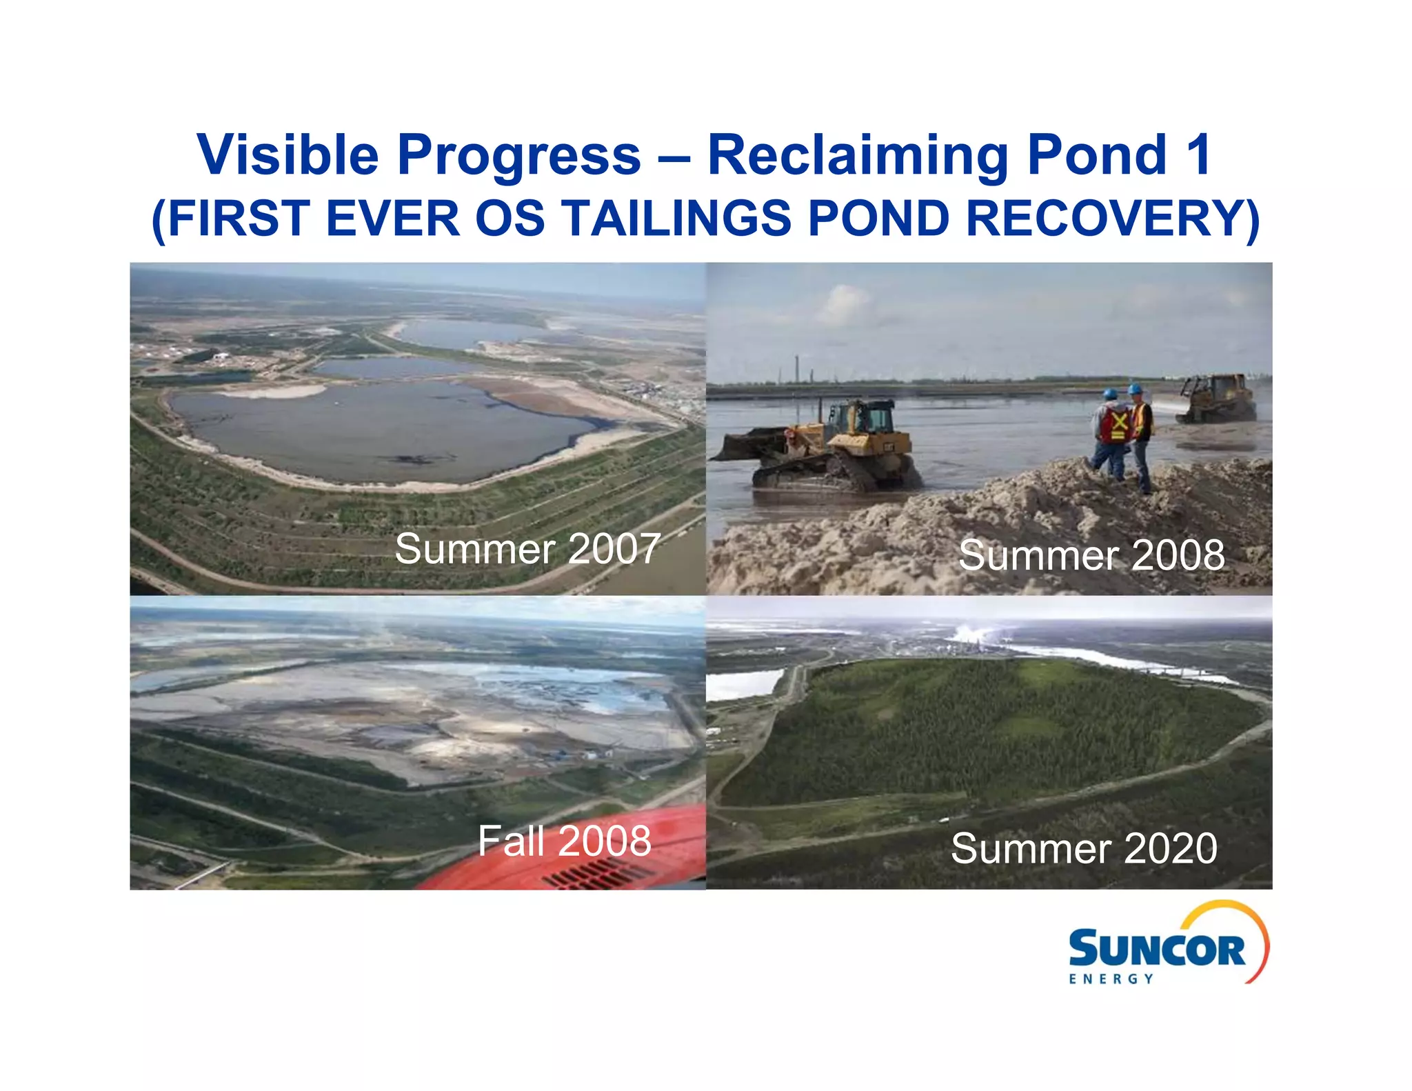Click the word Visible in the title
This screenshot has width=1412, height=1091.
point(288,154)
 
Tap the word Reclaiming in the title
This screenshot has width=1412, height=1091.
point(858,154)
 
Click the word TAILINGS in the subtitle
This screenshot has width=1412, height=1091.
point(676,219)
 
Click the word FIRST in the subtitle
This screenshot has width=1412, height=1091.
point(234,219)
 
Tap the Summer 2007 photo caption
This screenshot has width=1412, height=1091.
point(527,549)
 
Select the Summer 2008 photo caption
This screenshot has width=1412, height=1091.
point(1091,555)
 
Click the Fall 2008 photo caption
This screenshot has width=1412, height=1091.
point(564,841)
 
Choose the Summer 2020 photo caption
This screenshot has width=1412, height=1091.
point(1084,848)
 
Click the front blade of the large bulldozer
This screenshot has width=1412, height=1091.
point(748,445)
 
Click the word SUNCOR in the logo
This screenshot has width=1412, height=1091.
point(1156,950)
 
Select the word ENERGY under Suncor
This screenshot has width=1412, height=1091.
point(1111,979)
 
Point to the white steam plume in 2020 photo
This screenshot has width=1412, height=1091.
point(976,633)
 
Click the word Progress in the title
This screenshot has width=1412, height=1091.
point(518,154)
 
